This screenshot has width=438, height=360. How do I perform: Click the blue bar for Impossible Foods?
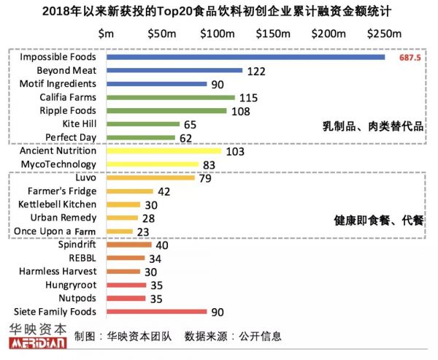click(x=245, y=57)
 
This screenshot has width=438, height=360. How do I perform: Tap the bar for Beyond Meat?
click(x=174, y=70)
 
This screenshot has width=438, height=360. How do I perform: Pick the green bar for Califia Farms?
click(x=170, y=97)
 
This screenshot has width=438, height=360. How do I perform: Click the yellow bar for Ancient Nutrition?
click(x=164, y=151)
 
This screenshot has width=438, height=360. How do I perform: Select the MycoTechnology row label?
click(x=58, y=164)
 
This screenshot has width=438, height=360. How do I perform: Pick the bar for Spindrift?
click(x=128, y=245)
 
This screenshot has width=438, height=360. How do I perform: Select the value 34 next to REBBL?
click(x=155, y=258)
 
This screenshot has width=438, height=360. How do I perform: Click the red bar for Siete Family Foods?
click(x=156, y=312)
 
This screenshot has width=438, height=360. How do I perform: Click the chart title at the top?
click(x=219, y=11)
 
